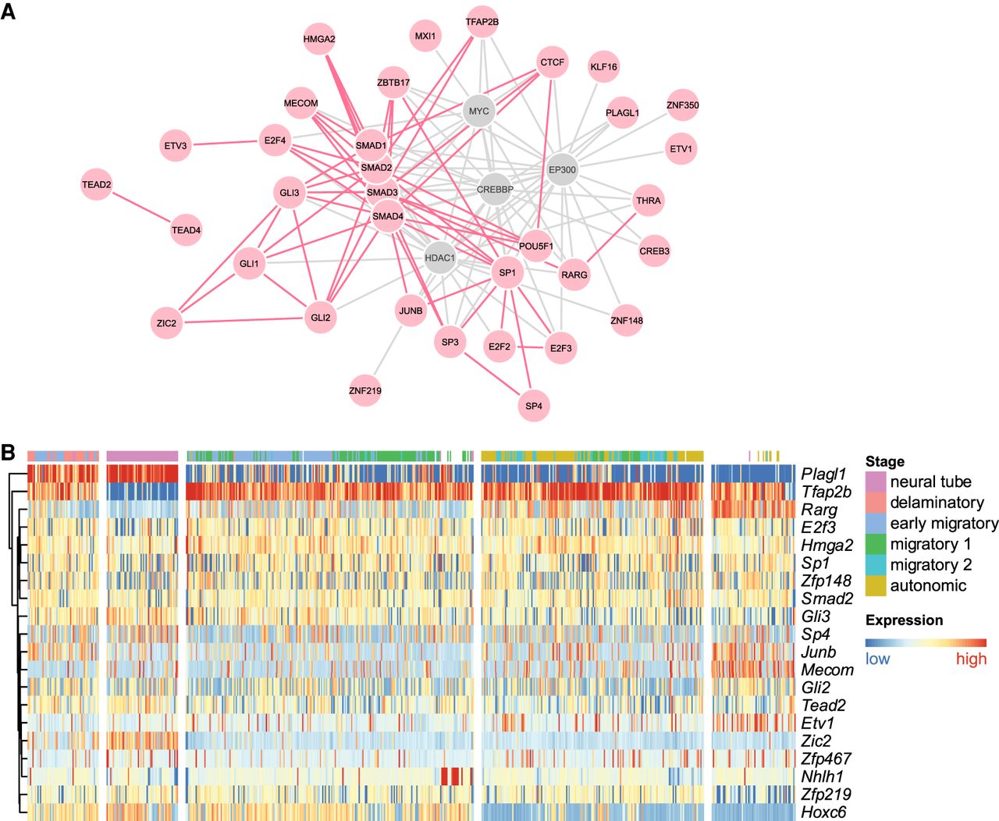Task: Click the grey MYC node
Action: click(x=479, y=111)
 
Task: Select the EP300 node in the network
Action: click(x=562, y=169)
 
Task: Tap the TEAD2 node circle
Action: click(x=97, y=185)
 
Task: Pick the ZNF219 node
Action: click(x=365, y=390)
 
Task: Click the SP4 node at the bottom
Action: click(x=534, y=406)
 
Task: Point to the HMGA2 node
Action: click(x=319, y=39)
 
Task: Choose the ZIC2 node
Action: click(x=166, y=322)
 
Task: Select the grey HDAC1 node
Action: click(x=439, y=258)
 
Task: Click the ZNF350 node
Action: click(x=682, y=105)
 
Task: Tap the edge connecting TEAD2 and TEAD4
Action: click(x=141, y=208)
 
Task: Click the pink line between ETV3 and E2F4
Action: click(x=225, y=143)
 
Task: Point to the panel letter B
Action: click(x=9, y=452)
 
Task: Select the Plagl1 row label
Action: click(x=823, y=474)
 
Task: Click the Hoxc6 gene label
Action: click(x=823, y=812)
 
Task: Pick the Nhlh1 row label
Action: click(x=822, y=777)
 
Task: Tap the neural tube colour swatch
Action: click(x=876, y=482)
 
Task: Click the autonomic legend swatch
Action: click(x=876, y=585)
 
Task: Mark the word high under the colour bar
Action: click(x=971, y=659)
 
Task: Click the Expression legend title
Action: click(x=904, y=620)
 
